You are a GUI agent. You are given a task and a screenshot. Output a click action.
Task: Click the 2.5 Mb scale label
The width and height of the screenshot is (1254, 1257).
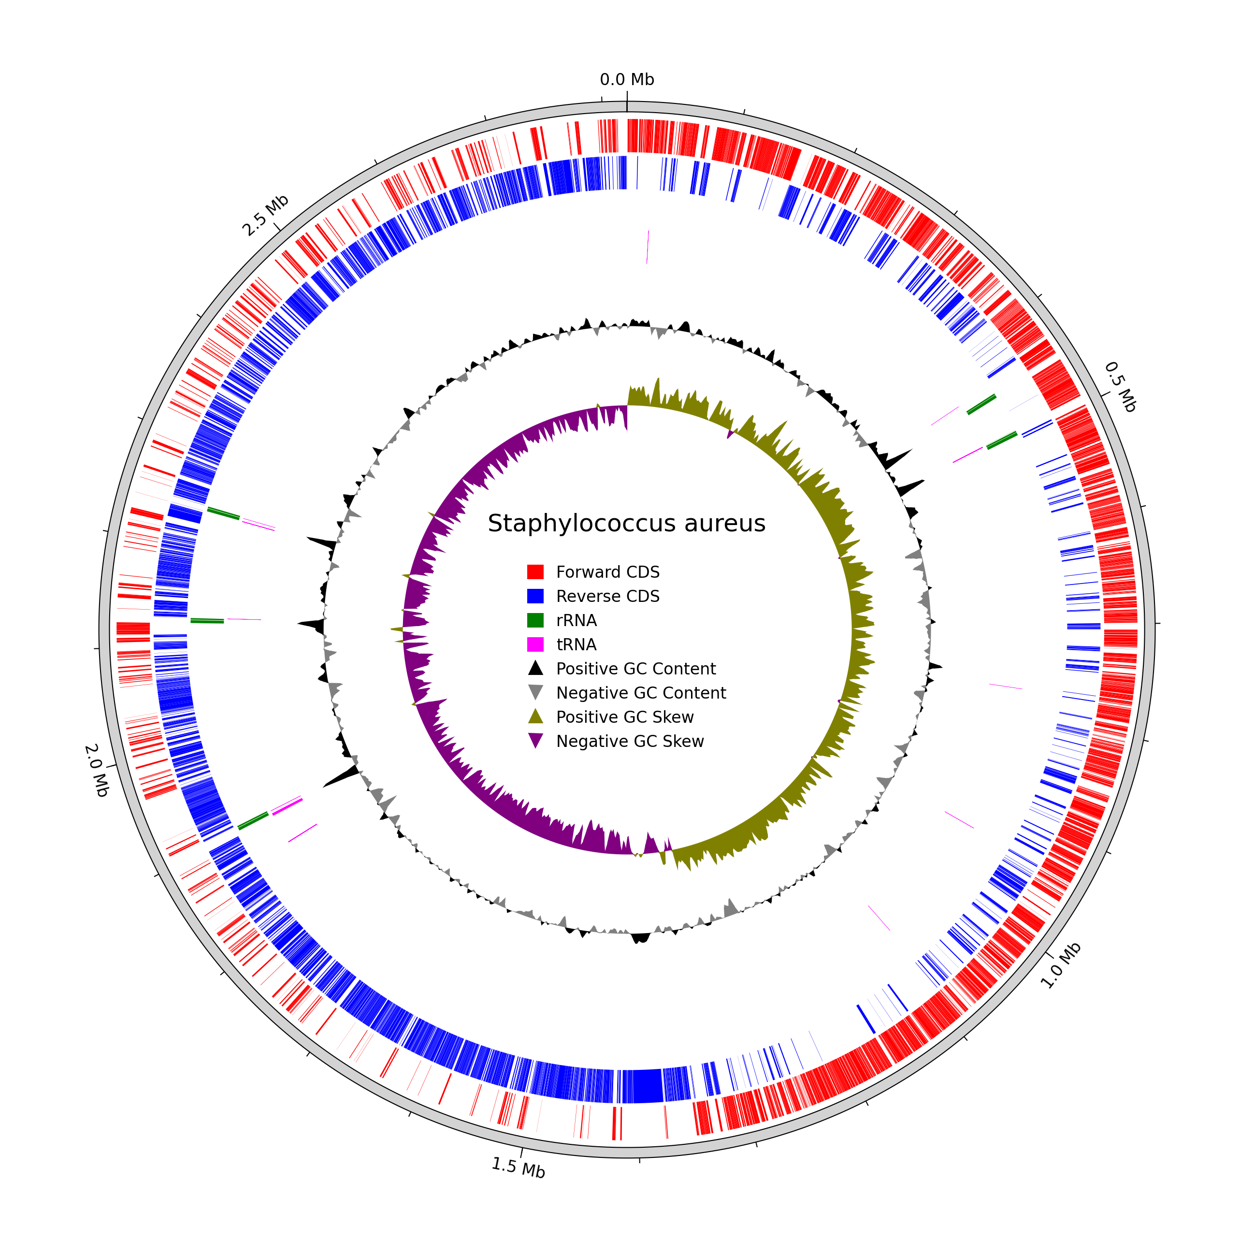[x=265, y=216]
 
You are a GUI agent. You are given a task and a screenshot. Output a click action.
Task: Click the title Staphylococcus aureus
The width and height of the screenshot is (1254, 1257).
[x=626, y=523]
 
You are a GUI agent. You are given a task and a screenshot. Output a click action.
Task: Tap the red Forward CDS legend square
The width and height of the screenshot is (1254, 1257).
[x=535, y=572]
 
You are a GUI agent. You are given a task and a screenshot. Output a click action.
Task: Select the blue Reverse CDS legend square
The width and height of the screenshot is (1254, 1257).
[x=535, y=596]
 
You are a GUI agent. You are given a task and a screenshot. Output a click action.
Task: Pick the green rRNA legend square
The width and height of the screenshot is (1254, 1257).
[x=535, y=620]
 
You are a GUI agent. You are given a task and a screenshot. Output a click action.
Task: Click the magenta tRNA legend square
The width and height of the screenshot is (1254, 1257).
[x=535, y=644]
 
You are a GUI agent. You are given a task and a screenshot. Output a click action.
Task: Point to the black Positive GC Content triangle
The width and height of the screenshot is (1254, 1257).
[x=535, y=668]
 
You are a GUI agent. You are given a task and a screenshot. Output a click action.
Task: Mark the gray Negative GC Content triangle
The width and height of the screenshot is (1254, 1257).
[x=535, y=692]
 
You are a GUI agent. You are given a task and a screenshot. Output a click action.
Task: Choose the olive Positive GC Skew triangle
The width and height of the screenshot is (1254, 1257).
[x=535, y=716]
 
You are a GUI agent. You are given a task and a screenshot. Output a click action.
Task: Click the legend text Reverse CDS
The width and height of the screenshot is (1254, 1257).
[x=607, y=596]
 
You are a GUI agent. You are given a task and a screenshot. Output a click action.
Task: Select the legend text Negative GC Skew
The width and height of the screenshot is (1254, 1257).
[x=630, y=741]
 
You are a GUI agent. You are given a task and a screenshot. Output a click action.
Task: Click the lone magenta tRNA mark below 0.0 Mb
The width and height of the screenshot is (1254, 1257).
[x=647, y=247]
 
